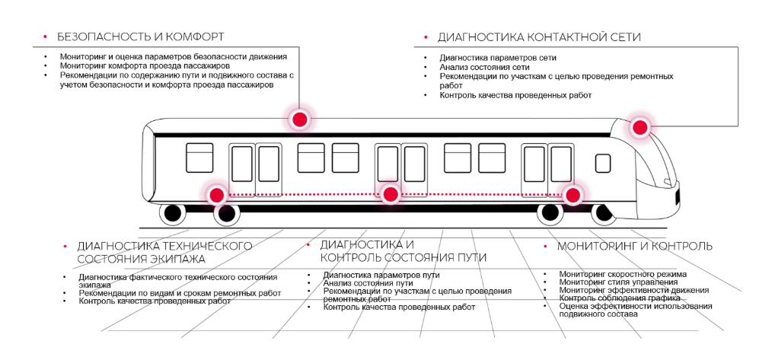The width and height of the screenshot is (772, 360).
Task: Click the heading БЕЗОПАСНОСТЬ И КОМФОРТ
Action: pos(140,37)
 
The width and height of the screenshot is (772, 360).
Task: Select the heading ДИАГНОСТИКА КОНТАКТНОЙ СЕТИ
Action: pos(539,37)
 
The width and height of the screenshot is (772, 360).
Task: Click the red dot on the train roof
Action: pos(299,119)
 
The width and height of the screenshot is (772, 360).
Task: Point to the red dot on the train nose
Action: pos(640,128)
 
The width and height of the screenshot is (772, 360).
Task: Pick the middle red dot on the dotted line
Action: pos(391,195)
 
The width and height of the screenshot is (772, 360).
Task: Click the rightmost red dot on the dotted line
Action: pos(573,196)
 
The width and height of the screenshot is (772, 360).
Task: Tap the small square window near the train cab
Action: pos(603,163)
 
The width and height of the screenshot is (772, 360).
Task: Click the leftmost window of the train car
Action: pos(199,158)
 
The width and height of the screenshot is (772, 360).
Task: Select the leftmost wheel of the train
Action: pos(173,213)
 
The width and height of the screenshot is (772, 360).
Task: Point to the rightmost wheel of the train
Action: pos(603,213)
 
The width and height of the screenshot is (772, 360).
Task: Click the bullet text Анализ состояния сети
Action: pos(484,67)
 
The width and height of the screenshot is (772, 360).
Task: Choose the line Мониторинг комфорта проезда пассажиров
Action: pos(145,65)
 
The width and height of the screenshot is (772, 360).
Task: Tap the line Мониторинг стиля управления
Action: pos(618,282)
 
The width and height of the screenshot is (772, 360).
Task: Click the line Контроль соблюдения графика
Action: pos(620,298)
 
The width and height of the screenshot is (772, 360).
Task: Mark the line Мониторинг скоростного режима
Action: pos(623,274)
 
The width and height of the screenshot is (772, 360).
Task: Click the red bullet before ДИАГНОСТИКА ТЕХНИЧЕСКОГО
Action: pos(65,245)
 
